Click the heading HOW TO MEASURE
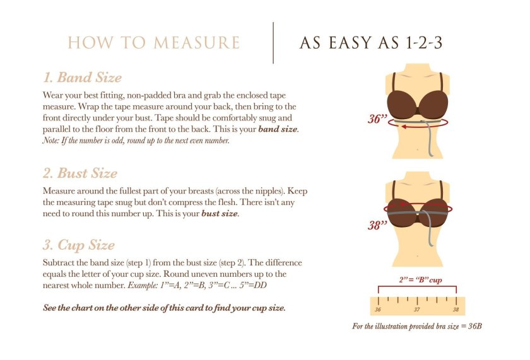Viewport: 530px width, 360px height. point(154,43)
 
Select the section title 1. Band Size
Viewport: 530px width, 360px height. point(82,78)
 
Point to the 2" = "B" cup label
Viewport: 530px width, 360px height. point(420,279)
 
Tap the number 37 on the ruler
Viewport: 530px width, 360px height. point(416,310)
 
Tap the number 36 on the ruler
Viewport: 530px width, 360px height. point(377,310)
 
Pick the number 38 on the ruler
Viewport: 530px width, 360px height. point(456,310)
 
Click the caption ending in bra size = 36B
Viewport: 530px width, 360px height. point(417,327)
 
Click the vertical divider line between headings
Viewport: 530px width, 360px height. point(273,42)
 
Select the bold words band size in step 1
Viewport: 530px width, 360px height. point(277,129)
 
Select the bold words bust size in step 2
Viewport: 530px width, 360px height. point(220,214)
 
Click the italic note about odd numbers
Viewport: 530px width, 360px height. point(136,140)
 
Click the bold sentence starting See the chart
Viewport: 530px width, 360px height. point(164,308)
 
